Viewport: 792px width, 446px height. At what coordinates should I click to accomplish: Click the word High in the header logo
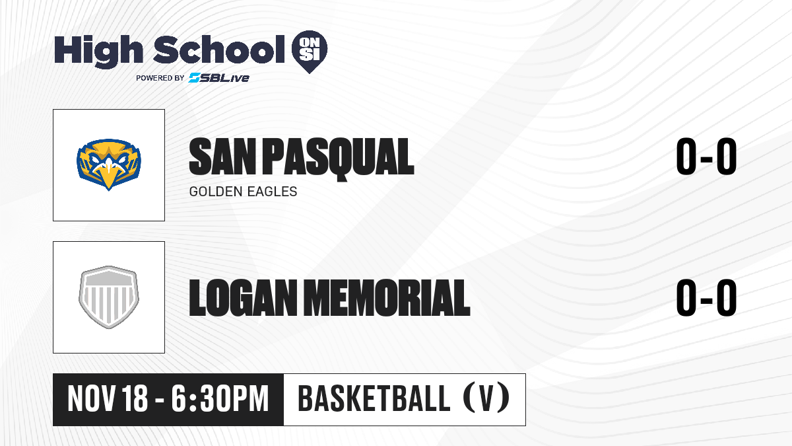point(98,52)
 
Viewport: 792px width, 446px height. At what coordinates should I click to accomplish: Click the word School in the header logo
point(219,49)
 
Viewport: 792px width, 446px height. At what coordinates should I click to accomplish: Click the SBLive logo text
point(219,78)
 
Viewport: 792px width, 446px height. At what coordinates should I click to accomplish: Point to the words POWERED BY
point(160,78)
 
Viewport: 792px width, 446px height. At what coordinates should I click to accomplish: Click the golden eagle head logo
point(109,165)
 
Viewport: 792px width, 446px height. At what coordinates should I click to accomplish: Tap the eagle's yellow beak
point(109,175)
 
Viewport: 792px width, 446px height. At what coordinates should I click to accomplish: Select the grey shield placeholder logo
point(109,297)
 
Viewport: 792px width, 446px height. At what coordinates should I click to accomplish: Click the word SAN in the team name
point(222,157)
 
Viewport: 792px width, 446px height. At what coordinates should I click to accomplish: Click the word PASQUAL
point(338,159)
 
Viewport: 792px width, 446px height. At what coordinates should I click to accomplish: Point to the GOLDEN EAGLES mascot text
point(244,192)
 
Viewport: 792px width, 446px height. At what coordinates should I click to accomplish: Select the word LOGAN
point(244,297)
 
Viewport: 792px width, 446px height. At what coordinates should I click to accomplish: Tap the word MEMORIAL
point(387,297)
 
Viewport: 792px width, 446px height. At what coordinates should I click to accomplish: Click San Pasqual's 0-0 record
point(706,157)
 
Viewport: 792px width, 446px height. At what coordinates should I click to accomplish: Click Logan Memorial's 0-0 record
point(706,297)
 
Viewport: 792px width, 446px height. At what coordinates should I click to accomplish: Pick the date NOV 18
point(108,399)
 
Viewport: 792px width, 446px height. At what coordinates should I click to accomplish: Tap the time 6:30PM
point(220,399)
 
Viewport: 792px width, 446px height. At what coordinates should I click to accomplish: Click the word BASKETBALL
point(374,399)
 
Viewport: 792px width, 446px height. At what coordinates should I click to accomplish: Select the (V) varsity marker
point(486,399)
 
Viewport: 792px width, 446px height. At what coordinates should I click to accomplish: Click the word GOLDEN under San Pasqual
point(216,192)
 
